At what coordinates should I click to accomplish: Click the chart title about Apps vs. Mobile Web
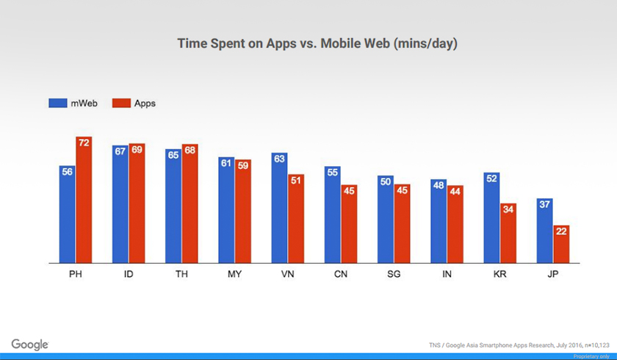click(x=317, y=44)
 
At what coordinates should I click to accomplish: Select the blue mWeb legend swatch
click(x=58, y=103)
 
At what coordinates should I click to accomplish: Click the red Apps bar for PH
click(x=84, y=200)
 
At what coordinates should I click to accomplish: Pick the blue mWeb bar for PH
click(x=68, y=214)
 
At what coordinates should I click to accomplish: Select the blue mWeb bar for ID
click(x=120, y=204)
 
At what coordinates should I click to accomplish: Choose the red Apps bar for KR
click(x=508, y=233)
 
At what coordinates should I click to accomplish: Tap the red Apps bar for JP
click(x=561, y=244)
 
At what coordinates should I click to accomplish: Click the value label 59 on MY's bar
click(x=243, y=165)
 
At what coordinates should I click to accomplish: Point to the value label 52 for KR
click(x=491, y=178)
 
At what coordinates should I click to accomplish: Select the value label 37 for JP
click(x=544, y=204)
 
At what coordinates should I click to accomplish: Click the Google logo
click(x=30, y=345)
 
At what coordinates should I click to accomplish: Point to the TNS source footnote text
click(x=517, y=344)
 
